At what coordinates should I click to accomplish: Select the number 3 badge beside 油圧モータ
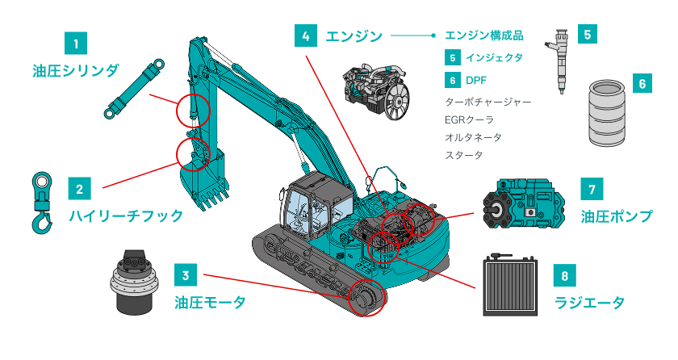[186, 275]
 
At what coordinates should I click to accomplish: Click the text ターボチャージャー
[488, 103]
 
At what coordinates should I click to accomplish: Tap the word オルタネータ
[473, 137]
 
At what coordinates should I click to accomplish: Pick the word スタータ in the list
[464, 155]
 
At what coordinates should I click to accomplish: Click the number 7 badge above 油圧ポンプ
[592, 190]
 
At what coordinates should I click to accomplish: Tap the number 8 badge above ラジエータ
[565, 275]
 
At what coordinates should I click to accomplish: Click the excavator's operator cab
[311, 206]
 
